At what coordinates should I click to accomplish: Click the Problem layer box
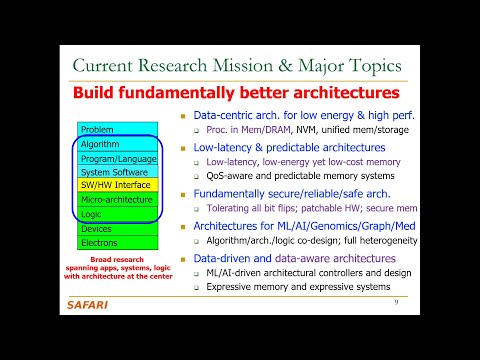pyautogui.click(x=115, y=130)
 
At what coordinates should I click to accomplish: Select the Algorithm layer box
pyautogui.click(x=115, y=144)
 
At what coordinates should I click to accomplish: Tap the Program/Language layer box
pyautogui.click(x=115, y=158)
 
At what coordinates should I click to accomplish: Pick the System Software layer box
pyautogui.click(x=115, y=171)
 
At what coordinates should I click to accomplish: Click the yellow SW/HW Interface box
pyautogui.click(x=115, y=185)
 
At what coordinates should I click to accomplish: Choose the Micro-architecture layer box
pyautogui.click(x=115, y=199)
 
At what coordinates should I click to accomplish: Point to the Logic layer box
pyautogui.click(x=115, y=213)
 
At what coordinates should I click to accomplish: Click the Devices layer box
pyautogui.click(x=115, y=229)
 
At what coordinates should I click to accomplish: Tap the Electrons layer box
pyautogui.click(x=115, y=243)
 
